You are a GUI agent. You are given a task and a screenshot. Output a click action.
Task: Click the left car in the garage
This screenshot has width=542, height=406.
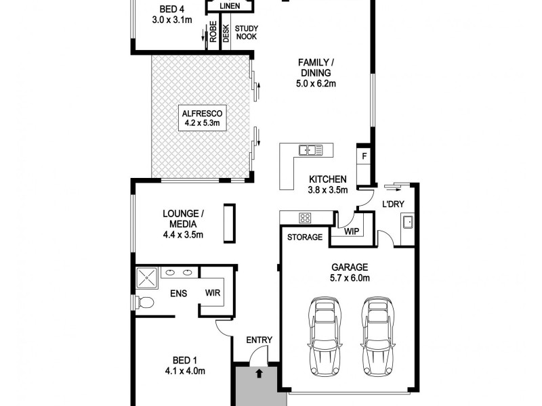[x=325, y=336]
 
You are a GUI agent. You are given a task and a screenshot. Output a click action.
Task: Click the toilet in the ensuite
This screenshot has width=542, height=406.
[x=143, y=302]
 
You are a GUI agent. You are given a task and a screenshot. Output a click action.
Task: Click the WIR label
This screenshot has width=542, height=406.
[x=213, y=293]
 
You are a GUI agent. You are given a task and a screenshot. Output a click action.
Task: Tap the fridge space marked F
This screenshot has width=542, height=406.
[x=364, y=156]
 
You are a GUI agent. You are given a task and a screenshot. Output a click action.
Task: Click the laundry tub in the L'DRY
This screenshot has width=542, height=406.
[x=408, y=221]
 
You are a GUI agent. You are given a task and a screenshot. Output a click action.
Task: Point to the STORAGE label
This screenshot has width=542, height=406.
[x=304, y=238]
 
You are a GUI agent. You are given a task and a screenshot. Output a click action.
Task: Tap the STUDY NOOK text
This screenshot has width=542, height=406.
[x=246, y=32]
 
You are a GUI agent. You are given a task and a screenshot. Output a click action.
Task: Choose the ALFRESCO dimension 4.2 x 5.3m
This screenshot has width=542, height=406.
[x=201, y=123]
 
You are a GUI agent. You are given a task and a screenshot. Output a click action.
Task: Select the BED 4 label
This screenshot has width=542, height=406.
[x=171, y=9]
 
